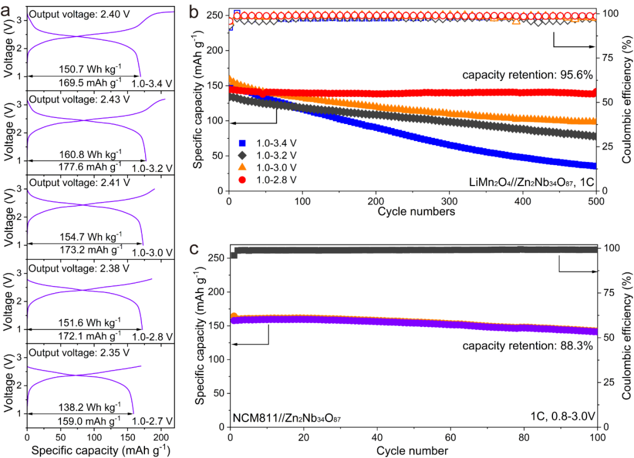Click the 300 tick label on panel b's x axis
click(449, 200)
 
